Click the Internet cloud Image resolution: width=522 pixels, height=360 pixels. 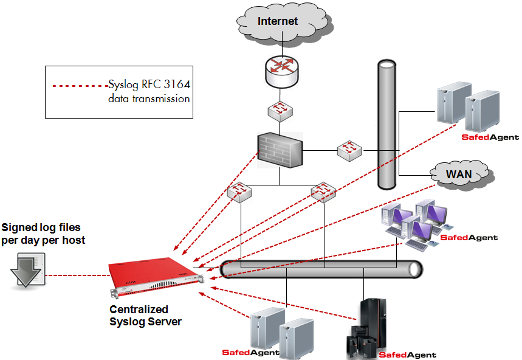278,22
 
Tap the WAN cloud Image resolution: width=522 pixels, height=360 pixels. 459,175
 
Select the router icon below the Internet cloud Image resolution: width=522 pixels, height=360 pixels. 280,72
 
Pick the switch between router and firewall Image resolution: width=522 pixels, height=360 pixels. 280,110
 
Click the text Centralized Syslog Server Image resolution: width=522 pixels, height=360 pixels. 145,315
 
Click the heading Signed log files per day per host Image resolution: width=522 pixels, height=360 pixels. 43,234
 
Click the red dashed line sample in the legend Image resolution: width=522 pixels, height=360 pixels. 80,86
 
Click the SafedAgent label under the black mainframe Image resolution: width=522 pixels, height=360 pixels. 407,355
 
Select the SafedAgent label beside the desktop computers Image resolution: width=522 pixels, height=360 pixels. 469,238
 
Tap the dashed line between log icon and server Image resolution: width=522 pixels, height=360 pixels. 76,275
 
